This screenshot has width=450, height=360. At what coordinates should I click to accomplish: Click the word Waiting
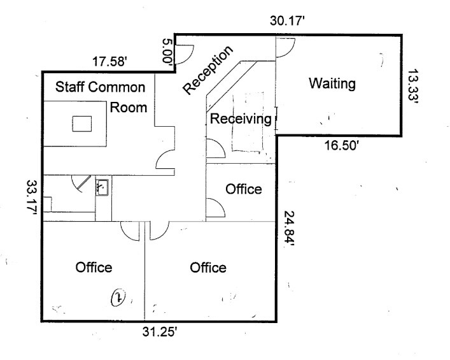(331, 83)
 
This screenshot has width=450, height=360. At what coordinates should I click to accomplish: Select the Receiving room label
(241, 119)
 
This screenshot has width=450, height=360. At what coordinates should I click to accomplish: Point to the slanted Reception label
(208, 70)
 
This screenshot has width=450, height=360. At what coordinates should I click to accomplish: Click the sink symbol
(102, 187)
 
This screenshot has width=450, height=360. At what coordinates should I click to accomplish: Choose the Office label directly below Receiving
(244, 189)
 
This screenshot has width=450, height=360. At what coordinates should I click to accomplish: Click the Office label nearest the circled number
(94, 267)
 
